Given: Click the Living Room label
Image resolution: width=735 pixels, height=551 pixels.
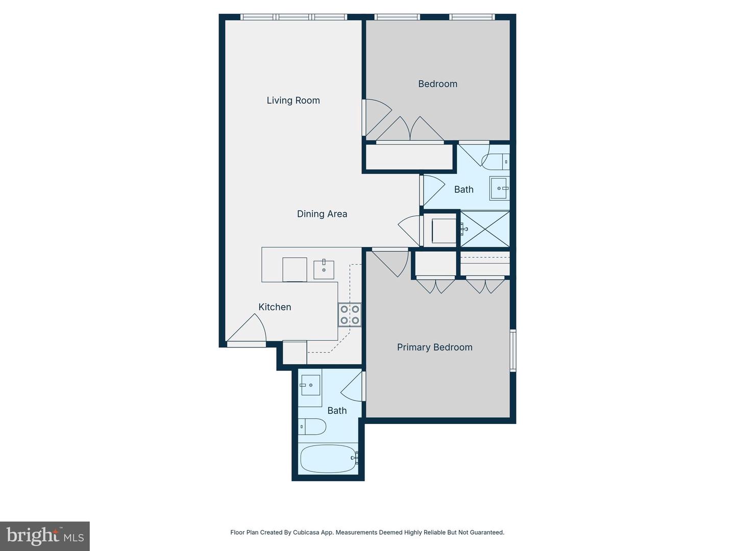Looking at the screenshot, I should coord(293,101).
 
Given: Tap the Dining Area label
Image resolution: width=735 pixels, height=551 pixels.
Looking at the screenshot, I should coord(322,214).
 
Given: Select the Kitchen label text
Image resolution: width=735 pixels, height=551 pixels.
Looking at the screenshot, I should coord(275,307).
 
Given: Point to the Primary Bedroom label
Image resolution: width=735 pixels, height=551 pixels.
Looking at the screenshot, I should coord(435,347).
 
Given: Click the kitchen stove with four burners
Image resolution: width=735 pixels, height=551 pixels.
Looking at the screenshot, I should coord(350,315).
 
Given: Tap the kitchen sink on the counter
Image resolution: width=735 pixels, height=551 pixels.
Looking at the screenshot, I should coord(324,269).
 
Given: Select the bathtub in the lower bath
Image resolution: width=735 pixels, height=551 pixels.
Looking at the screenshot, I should coord(328,459).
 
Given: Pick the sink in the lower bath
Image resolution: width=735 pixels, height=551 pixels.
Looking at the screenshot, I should coord(310,385).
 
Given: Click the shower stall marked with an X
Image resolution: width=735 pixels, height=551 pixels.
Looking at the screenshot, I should coord(485,229).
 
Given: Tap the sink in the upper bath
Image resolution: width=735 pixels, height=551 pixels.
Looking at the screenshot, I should coord(499,188).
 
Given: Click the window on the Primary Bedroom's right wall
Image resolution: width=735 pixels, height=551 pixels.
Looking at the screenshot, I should coord(513,350).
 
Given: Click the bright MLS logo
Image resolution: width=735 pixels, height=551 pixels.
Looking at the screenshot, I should coord(45,536).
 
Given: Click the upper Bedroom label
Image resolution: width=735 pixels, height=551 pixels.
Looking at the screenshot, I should coord(437,84).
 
